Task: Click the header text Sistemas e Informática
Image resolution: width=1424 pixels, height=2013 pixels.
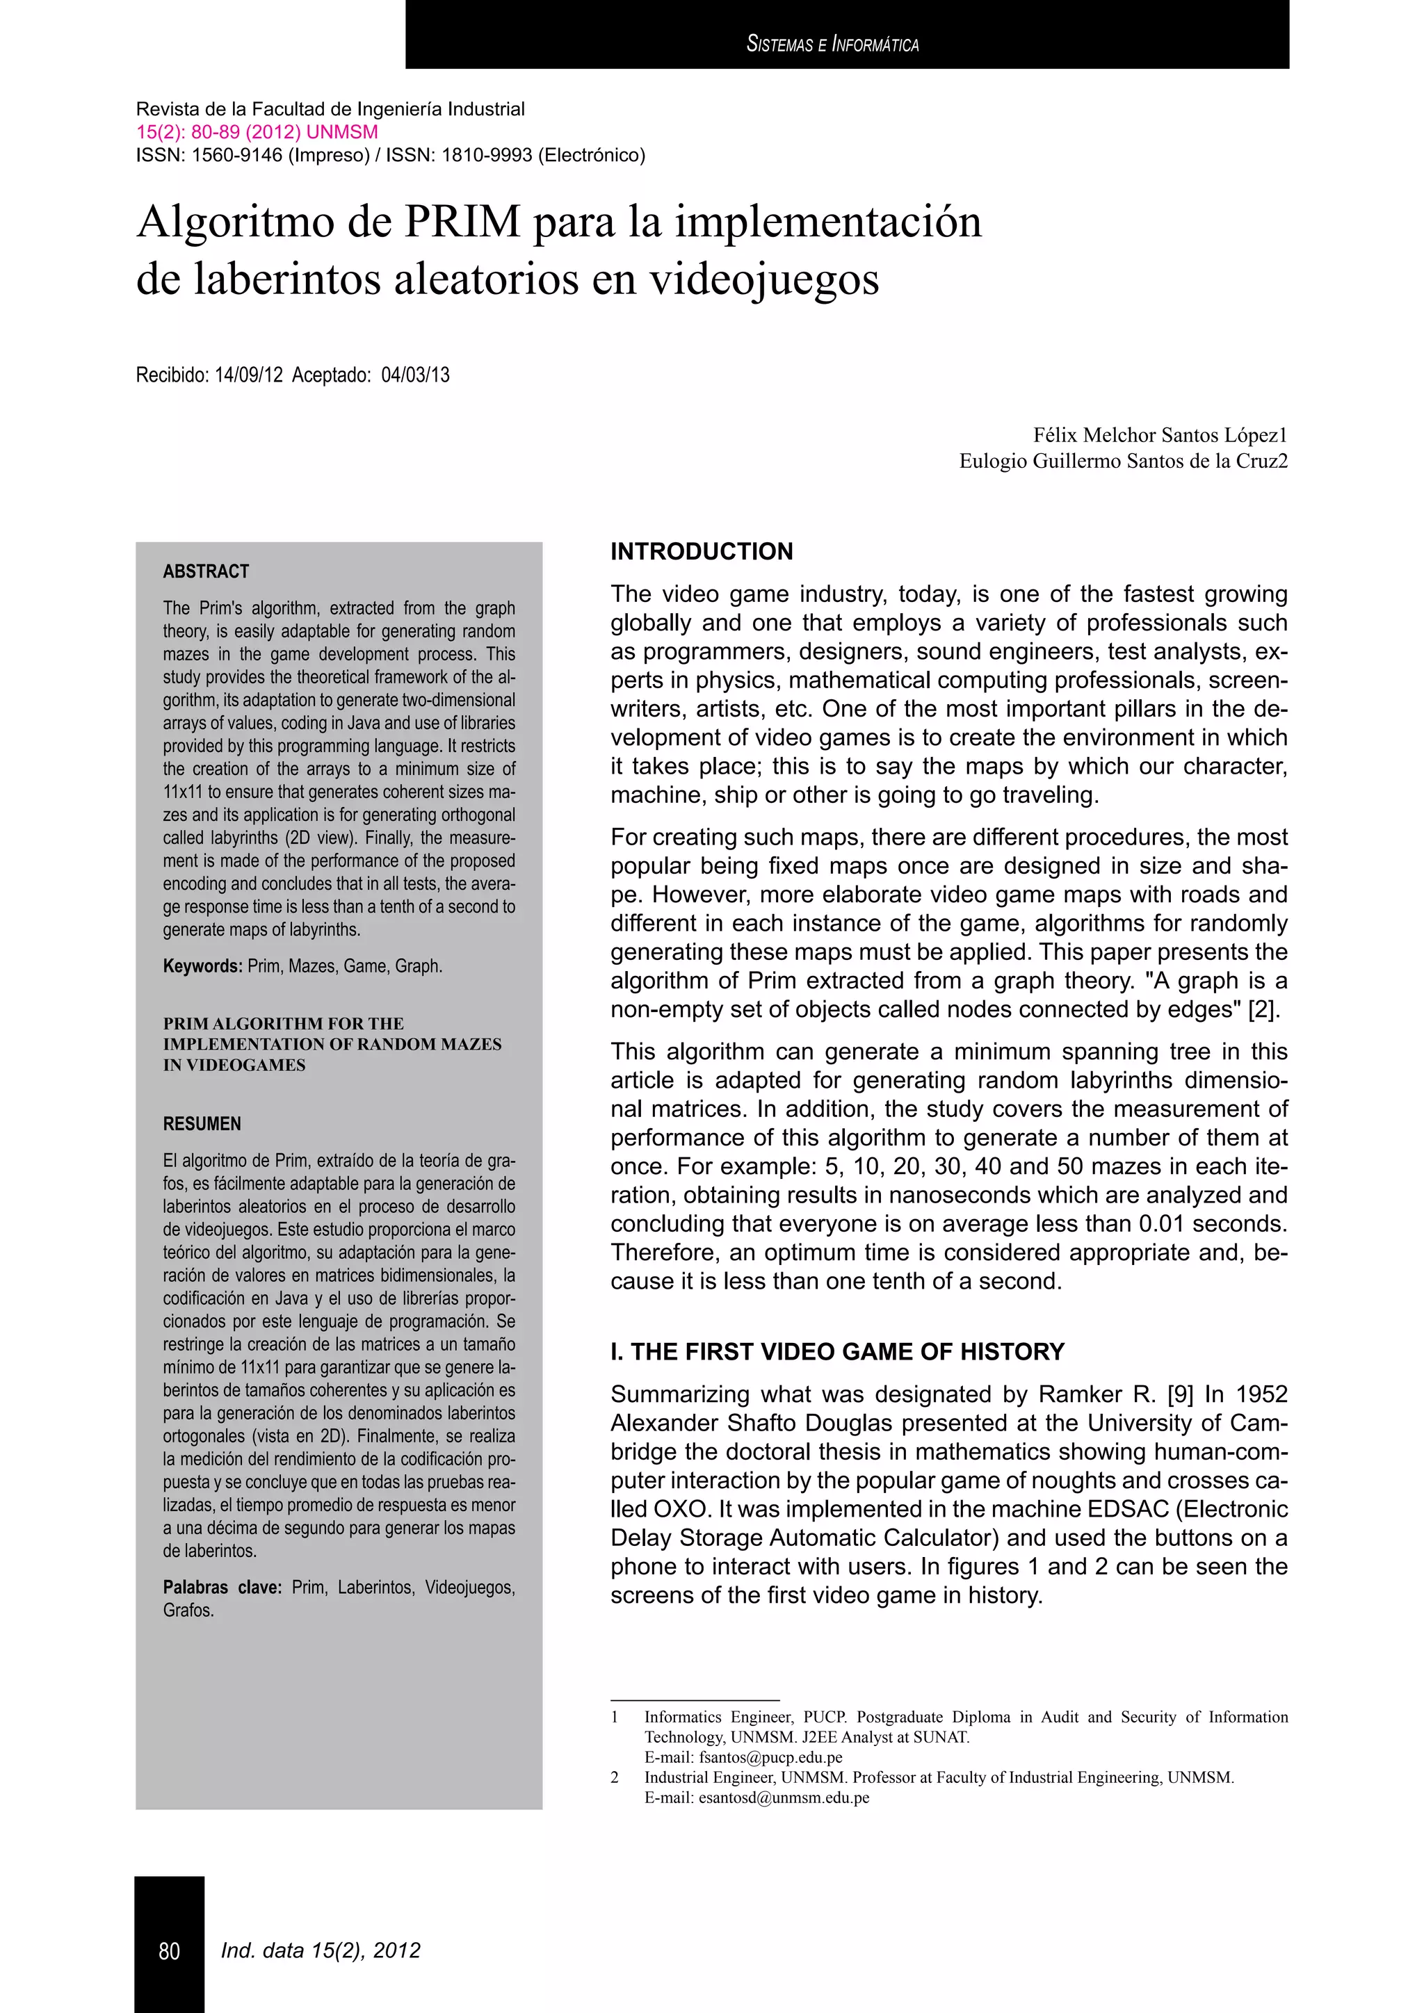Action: pos(832,44)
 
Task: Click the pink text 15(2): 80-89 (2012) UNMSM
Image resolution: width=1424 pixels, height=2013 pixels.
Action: pos(257,132)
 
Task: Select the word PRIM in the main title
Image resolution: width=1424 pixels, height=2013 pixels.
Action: pos(462,221)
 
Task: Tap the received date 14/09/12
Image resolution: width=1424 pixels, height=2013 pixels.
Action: pos(248,375)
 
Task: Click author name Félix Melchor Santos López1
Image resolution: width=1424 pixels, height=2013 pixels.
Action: pos(1160,435)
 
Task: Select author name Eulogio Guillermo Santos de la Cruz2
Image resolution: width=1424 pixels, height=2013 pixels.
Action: pos(1123,461)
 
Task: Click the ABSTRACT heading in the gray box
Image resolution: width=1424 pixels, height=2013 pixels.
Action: pos(206,571)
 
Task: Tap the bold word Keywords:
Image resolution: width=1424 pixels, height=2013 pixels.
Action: pos(202,966)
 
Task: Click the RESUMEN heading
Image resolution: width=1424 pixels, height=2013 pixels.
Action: pos(202,1124)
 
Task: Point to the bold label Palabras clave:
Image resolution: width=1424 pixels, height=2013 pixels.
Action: pos(222,1587)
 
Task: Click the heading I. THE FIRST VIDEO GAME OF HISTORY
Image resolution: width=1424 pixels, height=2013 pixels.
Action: pos(837,1351)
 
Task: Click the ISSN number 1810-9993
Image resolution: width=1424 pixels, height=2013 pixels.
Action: pos(487,155)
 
